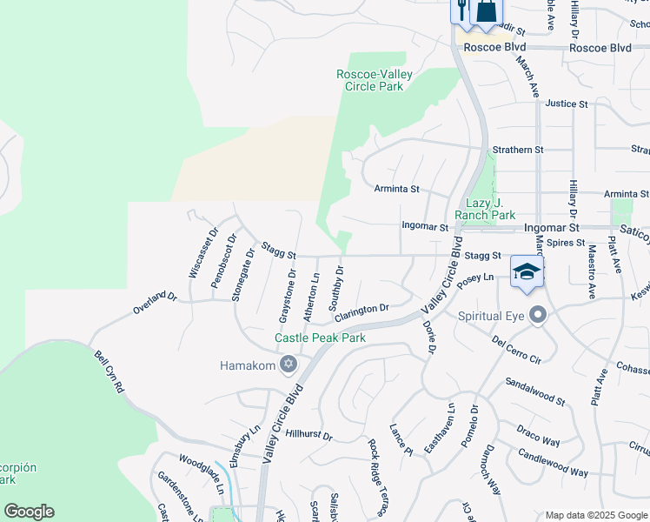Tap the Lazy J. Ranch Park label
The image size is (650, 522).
485,209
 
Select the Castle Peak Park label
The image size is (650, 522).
320,338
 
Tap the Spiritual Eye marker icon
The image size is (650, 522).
539,315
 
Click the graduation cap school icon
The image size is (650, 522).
527,272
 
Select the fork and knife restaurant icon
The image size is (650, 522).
460,11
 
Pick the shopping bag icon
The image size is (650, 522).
487,11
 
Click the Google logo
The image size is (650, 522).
29,512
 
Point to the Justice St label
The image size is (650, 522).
566,104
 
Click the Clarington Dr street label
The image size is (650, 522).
359,310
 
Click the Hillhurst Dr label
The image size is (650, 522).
308,433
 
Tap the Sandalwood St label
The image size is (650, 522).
535,392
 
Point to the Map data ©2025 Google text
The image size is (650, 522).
595,515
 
